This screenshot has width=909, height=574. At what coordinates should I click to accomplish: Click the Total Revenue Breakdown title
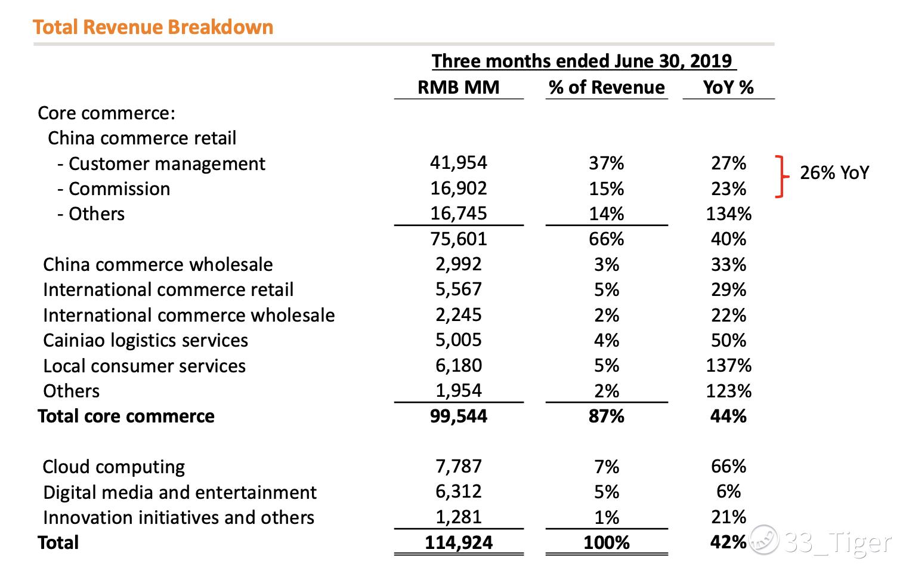[x=153, y=27]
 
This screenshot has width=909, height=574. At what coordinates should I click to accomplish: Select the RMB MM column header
[x=458, y=87]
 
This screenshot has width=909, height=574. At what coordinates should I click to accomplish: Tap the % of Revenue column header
[x=607, y=87]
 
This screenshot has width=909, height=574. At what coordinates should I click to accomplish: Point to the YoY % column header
[x=728, y=87]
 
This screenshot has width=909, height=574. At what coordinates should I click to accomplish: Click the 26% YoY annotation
[x=834, y=173]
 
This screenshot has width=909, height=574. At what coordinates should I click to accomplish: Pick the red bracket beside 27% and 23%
[x=780, y=176]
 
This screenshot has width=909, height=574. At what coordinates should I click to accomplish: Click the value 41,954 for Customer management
[x=458, y=162]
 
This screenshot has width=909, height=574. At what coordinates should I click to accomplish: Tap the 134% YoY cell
[x=728, y=214]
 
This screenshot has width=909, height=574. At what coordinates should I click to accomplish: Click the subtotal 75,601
[x=458, y=239]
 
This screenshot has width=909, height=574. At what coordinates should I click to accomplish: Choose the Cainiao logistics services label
[x=146, y=340]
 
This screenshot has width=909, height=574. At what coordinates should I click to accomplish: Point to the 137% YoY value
[x=728, y=365]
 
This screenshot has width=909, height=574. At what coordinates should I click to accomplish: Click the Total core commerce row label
[x=126, y=416]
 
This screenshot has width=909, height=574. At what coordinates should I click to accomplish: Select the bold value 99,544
[x=458, y=416]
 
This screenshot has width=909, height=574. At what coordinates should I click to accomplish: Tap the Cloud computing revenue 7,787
[x=458, y=466]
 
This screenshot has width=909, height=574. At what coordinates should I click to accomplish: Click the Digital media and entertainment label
[x=180, y=492]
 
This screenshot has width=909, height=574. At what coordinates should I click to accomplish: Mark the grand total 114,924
[x=458, y=542]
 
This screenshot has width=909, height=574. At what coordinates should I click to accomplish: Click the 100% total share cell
[x=607, y=542]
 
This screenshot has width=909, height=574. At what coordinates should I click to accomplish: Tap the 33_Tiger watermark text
[x=837, y=542]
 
